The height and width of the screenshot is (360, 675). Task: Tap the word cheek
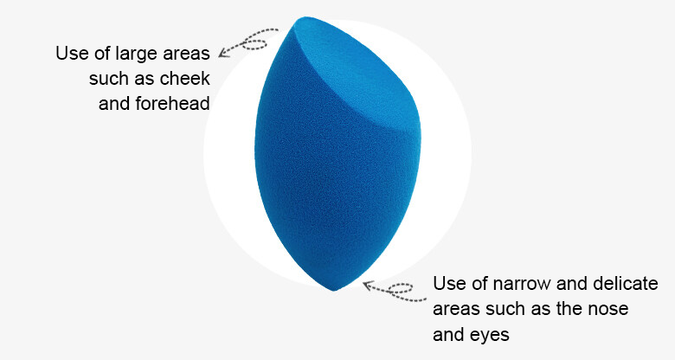point(184,79)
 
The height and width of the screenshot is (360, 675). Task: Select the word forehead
point(172,103)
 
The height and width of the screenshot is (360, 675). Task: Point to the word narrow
point(521,283)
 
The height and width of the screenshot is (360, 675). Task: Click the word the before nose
point(572,309)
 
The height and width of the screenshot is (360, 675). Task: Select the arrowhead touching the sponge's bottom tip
point(368,285)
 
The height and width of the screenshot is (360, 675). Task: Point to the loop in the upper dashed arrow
point(254,43)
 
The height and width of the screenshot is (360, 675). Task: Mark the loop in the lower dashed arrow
point(401,288)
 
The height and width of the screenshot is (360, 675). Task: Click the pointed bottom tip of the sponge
point(334,290)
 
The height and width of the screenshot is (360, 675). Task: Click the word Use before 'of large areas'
point(71,54)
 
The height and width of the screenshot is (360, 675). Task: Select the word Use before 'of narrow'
point(447,283)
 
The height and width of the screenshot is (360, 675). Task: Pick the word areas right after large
point(186,55)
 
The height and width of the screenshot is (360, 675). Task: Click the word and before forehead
point(114,103)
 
